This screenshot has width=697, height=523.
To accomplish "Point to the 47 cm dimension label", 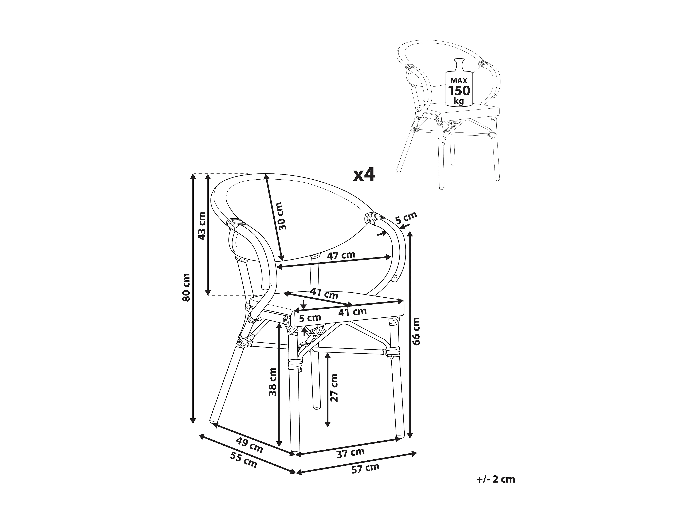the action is pos(341,255).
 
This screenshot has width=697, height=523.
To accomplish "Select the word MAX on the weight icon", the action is pos(459,81).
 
